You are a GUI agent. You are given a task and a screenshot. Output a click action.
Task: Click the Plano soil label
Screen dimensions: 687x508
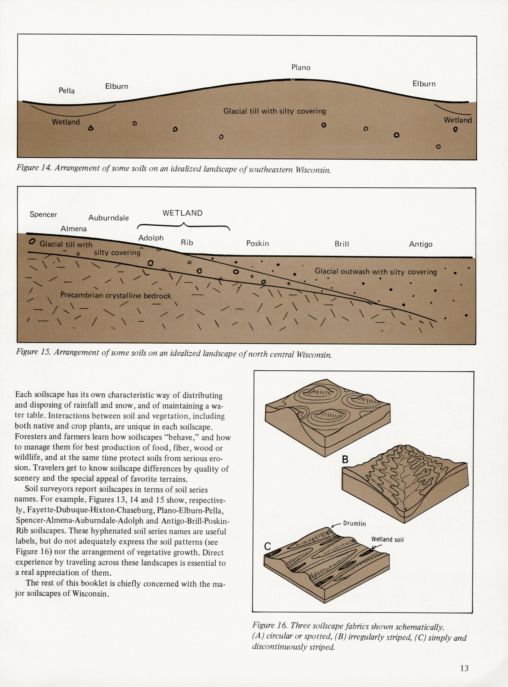point(301,67)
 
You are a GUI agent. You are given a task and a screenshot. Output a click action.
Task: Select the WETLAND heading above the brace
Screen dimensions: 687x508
point(182,213)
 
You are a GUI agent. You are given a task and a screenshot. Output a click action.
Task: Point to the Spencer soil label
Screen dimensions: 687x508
point(43,214)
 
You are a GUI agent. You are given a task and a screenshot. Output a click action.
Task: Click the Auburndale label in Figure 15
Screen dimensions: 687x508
point(109,218)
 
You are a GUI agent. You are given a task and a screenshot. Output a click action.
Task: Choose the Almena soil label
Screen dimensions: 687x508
point(74,229)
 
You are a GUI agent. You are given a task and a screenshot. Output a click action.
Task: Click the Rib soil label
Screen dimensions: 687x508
point(187,243)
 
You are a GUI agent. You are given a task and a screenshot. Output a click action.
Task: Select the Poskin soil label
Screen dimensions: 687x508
point(257,243)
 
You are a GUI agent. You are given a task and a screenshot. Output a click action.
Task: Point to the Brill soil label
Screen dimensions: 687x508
point(342,244)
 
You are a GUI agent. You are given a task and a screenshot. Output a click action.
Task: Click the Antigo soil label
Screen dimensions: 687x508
point(420,245)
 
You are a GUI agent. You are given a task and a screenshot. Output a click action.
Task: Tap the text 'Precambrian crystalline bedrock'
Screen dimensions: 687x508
point(116,296)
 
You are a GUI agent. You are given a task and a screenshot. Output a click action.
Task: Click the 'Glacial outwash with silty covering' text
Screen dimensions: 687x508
point(375,272)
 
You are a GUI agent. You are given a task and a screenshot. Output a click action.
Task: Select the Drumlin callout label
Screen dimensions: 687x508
point(354,523)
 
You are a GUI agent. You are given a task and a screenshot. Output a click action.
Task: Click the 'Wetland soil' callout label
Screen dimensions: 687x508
point(387,539)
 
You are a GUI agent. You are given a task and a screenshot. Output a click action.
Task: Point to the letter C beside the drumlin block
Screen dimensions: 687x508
point(268,546)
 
